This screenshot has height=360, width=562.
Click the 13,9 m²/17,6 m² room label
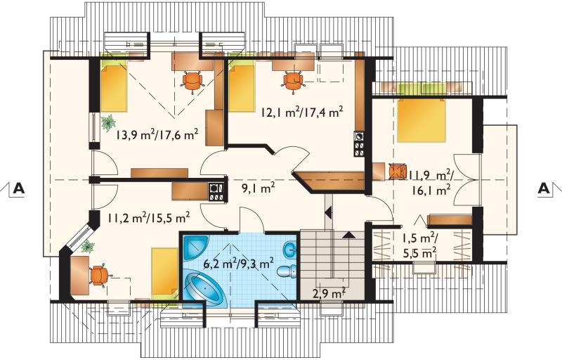[157, 134]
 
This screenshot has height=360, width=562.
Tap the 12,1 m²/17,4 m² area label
[302, 112]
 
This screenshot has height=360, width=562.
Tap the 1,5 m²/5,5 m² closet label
[419, 245]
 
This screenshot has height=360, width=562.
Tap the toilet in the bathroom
[287, 271]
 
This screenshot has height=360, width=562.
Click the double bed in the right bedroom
[422, 120]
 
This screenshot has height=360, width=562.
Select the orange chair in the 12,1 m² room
[294, 81]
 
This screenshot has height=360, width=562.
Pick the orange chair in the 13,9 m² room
[192, 81]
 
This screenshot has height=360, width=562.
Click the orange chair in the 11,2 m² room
[99, 276]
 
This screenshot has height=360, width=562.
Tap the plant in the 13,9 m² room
[107, 123]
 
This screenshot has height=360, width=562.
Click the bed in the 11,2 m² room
[164, 274]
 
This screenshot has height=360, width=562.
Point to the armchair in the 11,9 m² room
[397, 171]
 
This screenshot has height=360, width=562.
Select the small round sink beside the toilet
[289, 250]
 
